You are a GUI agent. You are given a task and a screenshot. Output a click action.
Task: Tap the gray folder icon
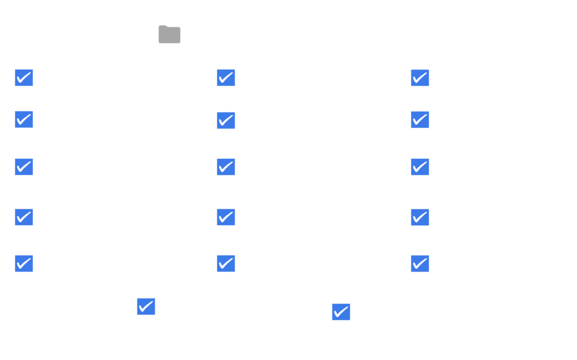click(x=170, y=34)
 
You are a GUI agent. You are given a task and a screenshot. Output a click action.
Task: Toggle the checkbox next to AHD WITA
click(x=24, y=78)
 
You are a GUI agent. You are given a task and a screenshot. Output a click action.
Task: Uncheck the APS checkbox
click(x=24, y=120)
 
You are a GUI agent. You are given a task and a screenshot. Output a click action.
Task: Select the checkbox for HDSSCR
click(x=24, y=167)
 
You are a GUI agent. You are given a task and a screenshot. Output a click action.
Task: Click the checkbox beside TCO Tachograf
click(x=146, y=306)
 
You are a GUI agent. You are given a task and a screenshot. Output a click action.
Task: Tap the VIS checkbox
click(x=341, y=312)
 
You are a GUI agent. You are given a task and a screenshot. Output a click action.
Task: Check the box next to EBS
click(x=420, y=78)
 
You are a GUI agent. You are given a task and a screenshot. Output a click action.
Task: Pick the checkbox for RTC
click(x=420, y=264)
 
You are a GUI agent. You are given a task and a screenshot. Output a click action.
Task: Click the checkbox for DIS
click(x=226, y=264)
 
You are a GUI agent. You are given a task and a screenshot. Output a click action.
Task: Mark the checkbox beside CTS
click(x=226, y=167)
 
